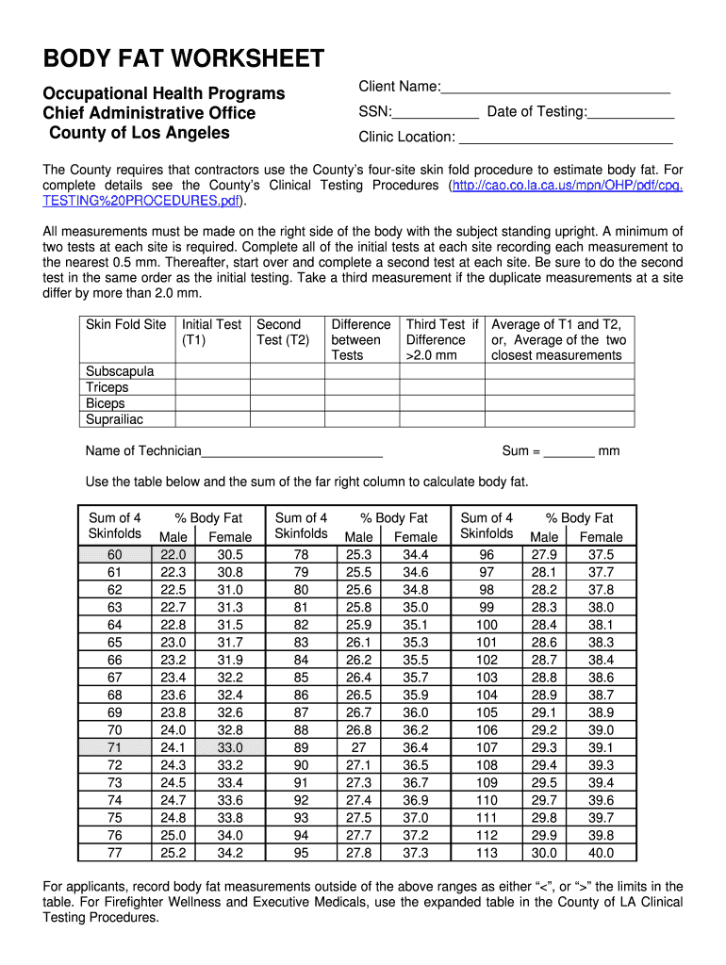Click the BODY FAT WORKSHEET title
(184, 59)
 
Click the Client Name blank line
(555, 89)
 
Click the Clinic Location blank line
(563, 139)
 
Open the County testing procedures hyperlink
(566, 186)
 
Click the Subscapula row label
(120, 371)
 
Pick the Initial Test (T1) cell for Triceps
(212, 387)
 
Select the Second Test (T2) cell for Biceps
(287, 403)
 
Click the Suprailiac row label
(115, 419)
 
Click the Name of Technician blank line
(292, 452)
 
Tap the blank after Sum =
(569, 452)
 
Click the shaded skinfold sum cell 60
(115, 555)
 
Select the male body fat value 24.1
(173, 747)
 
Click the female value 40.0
(601, 853)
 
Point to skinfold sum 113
(487, 853)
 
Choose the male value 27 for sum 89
(359, 747)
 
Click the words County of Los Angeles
(140, 133)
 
